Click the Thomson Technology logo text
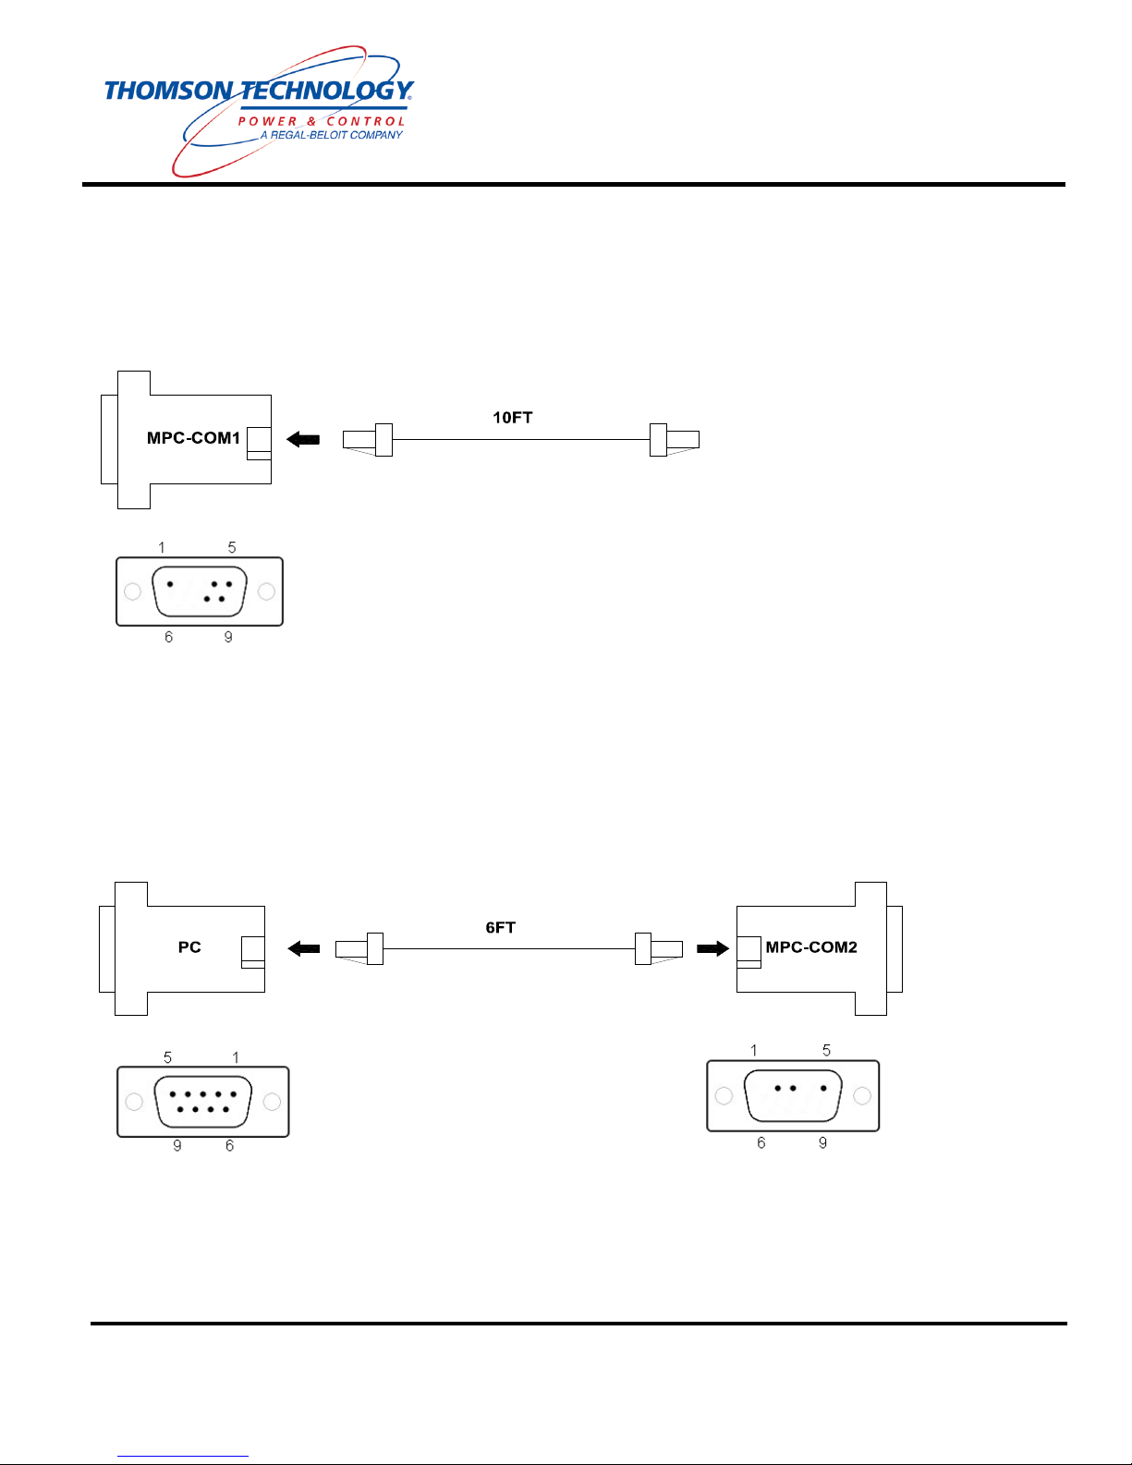point(259,91)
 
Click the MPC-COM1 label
point(193,438)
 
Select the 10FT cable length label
point(512,418)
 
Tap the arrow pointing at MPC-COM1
point(302,440)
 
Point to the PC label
point(189,947)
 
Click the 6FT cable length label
point(501,928)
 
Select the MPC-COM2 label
point(811,947)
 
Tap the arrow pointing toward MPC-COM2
point(712,948)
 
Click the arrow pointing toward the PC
point(304,948)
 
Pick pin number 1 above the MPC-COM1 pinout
point(162,547)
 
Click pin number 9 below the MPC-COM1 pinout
point(228,637)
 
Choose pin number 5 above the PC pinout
point(168,1057)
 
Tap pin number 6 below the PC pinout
point(230,1145)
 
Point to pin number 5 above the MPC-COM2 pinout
point(827,1050)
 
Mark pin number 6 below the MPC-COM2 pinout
point(761,1142)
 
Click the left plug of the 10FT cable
point(368,440)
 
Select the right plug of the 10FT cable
point(675,440)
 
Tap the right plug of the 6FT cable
point(658,949)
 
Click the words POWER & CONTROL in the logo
point(322,121)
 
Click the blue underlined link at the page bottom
point(183,1457)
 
